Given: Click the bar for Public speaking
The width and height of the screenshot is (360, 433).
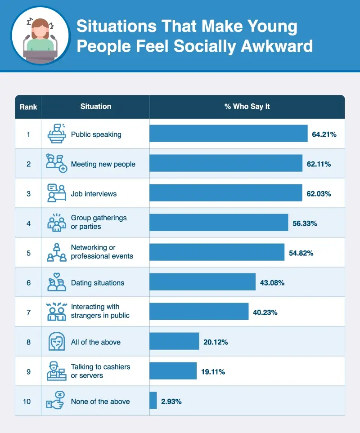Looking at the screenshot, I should pyautogui.click(x=229, y=134).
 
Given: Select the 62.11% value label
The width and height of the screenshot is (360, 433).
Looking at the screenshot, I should pyautogui.click(x=319, y=164).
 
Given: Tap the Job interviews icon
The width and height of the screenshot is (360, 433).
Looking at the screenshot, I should pyautogui.click(x=57, y=193).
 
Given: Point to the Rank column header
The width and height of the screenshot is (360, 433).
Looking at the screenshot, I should pyautogui.click(x=28, y=107).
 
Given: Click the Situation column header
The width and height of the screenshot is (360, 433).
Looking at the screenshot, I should pyautogui.click(x=96, y=107).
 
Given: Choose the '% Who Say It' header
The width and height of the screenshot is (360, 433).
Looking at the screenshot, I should pyautogui.click(x=247, y=107).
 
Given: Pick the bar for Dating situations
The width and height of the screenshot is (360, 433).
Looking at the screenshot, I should pyautogui.click(x=202, y=282).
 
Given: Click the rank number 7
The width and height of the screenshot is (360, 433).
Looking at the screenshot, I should pyautogui.click(x=28, y=312).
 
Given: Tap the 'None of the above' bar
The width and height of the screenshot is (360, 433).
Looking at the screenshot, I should pyautogui.click(x=153, y=400).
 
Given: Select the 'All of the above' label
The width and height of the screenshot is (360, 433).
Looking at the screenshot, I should pyautogui.click(x=96, y=342).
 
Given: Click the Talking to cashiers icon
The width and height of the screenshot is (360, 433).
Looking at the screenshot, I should pyautogui.click(x=57, y=371).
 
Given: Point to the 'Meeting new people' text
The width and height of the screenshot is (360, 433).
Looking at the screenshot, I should pyautogui.click(x=103, y=164).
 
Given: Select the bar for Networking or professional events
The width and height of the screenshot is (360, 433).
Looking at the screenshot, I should pyautogui.click(x=217, y=252).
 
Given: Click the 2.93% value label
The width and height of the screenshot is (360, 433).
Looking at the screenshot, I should pyautogui.click(x=171, y=401).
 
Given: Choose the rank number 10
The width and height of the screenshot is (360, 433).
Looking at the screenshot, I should pyautogui.click(x=27, y=401).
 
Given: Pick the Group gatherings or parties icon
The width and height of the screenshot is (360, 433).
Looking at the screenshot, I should pyautogui.click(x=57, y=223).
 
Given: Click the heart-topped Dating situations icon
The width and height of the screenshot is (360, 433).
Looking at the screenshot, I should pyautogui.click(x=57, y=282).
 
